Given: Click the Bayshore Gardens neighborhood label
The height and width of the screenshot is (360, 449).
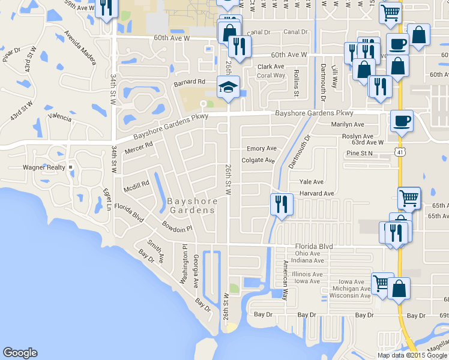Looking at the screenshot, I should (191, 205).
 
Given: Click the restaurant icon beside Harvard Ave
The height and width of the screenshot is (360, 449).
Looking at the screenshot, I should (280, 205).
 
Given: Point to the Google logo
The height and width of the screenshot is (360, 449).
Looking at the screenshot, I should (20, 353).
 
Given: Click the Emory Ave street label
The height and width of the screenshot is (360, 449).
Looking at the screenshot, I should (262, 149).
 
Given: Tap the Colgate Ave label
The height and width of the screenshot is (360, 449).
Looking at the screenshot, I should (258, 161).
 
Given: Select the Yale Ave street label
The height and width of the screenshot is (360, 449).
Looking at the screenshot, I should (312, 182).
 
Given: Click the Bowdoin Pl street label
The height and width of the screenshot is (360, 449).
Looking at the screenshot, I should (176, 226).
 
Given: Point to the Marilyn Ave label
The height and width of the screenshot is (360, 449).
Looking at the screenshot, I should (348, 125).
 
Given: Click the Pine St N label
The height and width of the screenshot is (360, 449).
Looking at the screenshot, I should (360, 154).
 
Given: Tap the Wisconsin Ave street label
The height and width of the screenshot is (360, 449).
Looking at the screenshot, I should (351, 296).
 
